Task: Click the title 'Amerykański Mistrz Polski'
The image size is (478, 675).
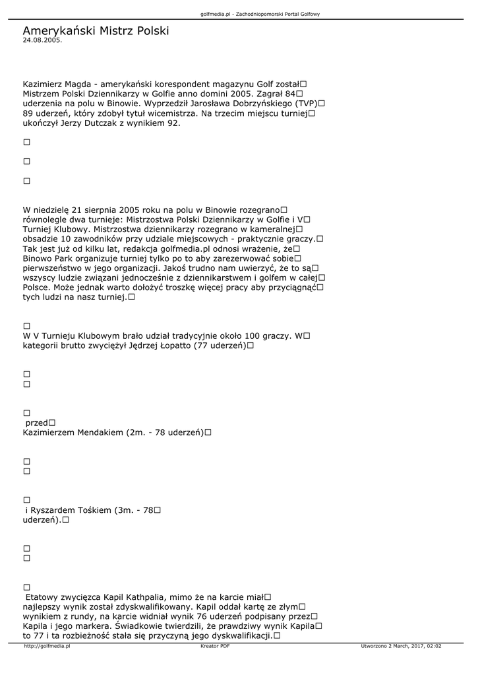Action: tap(96, 31)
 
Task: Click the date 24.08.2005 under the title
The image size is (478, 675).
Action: tap(42, 40)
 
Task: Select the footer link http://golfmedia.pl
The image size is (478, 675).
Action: tap(47, 647)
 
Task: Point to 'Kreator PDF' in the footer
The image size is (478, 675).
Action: tap(215, 647)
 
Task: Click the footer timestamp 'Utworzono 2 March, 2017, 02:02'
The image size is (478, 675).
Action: tap(401, 647)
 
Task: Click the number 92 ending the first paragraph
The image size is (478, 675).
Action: tap(173, 123)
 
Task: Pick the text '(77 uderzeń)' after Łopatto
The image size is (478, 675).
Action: tap(220, 345)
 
